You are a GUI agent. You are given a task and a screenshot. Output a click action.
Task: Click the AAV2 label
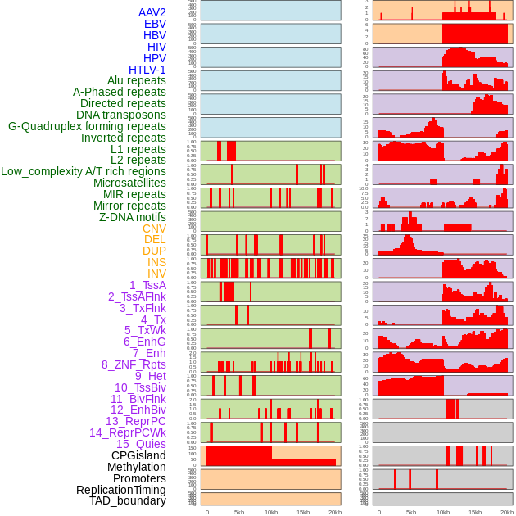152,12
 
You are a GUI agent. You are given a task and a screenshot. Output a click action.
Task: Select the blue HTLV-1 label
147,70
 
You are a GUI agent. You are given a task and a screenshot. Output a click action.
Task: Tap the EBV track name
155,24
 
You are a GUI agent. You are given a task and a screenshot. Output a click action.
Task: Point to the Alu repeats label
137,80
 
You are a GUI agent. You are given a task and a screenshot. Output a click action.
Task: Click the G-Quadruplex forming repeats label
87,126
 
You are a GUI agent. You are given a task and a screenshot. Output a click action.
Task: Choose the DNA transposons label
121,115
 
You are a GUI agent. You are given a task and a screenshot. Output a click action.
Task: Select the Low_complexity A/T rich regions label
84,171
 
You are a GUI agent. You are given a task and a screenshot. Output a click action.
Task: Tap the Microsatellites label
129,183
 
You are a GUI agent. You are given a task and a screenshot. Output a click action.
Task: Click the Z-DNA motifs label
133,217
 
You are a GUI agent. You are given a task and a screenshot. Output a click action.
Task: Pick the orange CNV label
154,229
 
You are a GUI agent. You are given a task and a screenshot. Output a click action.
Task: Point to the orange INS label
156,262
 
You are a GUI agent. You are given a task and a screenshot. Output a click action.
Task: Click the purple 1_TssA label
147,285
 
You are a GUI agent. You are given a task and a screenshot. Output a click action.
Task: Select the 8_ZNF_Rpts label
134,364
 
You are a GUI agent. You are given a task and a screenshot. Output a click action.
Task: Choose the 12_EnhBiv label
138,410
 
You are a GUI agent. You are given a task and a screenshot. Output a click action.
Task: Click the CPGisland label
138,455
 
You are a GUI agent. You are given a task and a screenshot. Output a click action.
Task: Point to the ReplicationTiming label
120,490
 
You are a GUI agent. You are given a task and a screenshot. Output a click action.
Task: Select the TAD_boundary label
128,500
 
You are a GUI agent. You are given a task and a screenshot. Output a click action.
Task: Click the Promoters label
139,478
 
